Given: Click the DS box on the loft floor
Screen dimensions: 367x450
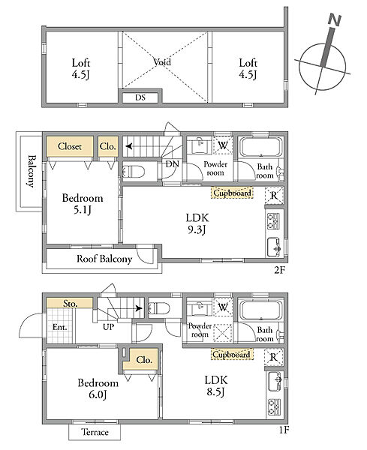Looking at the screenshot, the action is click(x=140, y=97).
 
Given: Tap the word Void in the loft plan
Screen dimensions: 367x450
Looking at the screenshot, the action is click(x=162, y=62).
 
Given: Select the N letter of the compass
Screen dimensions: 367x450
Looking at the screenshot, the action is click(x=334, y=20).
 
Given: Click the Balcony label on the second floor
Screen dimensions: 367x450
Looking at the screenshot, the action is click(x=32, y=171).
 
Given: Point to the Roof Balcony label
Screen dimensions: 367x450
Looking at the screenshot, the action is click(x=104, y=259).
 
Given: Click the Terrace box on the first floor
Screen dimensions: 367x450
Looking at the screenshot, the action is click(x=95, y=432).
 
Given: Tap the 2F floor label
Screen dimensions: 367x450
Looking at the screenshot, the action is click(x=279, y=270).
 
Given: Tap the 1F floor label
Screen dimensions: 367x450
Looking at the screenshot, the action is click(x=283, y=430).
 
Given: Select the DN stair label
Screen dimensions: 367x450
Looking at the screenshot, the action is click(x=173, y=164).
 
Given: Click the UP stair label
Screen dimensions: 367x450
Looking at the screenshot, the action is click(x=108, y=326).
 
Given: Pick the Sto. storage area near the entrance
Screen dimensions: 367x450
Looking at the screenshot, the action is click(x=70, y=303).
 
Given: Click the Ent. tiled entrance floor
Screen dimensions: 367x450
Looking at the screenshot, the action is click(x=61, y=325).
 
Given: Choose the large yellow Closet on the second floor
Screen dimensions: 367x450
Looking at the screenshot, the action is click(x=70, y=146).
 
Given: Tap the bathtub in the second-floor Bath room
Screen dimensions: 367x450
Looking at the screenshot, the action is click(x=260, y=147).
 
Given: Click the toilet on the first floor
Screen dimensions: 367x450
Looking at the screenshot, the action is click(x=159, y=309).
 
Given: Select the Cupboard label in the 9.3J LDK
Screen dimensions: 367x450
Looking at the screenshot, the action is click(x=232, y=193).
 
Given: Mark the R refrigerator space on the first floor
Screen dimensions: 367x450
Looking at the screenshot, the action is click(x=274, y=357).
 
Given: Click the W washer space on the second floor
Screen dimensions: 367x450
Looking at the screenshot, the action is click(x=223, y=145).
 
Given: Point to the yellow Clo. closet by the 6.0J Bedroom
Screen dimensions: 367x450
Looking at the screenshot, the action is click(x=143, y=360).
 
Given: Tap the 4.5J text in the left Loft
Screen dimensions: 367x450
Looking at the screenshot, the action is click(x=81, y=74).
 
